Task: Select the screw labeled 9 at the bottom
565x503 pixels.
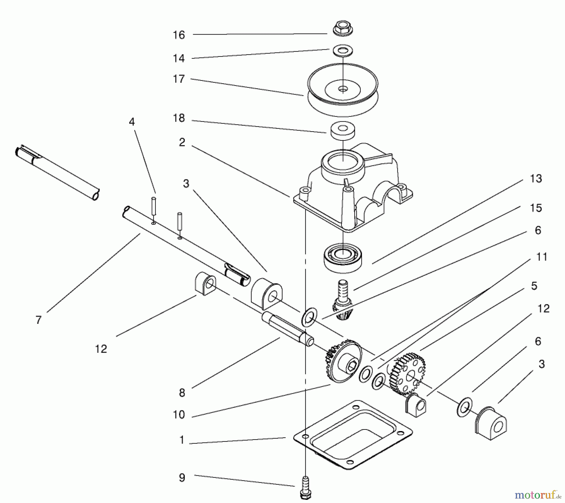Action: tap(305, 490)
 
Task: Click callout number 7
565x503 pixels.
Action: tap(38, 320)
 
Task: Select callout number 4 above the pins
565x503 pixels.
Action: tap(132, 122)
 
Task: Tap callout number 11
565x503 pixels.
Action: tap(542, 257)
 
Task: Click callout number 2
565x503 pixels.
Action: tap(182, 142)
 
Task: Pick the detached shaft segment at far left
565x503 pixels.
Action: tap(56, 173)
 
